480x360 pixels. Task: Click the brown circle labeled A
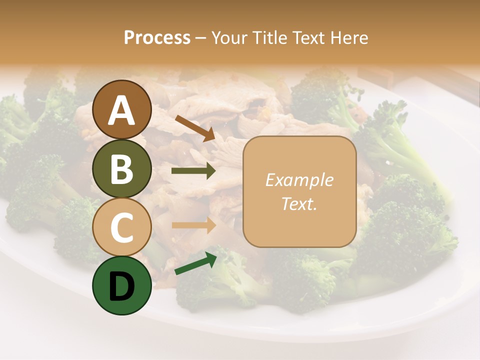click(122, 109)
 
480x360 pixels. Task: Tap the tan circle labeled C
click(122, 227)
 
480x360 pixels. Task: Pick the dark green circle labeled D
click(122, 285)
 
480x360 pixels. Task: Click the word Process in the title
click(157, 38)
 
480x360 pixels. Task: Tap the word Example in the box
click(299, 180)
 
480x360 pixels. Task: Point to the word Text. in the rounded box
click(299, 203)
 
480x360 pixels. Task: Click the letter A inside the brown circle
click(122, 110)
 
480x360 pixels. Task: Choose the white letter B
click(122, 169)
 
